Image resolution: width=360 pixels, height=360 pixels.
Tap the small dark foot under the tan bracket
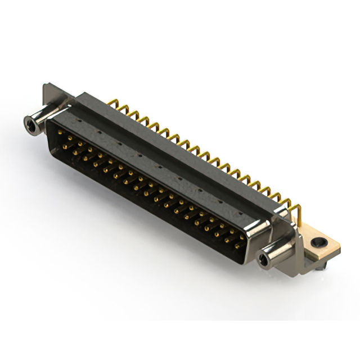point(319,268)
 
